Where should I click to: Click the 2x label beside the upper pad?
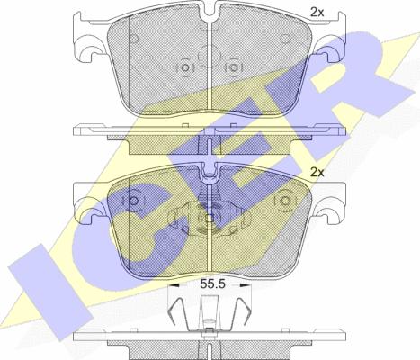[x=317, y=13]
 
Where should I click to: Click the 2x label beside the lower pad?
[x=317, y=173]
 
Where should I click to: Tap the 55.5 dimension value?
[x=212, y=283]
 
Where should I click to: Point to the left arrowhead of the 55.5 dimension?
[x=174, y=285]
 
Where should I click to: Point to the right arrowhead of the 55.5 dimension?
[x=244, y=285]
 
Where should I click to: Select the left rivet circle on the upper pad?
[x=185, y=67]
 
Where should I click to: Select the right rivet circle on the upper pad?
[x=232, y=67]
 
